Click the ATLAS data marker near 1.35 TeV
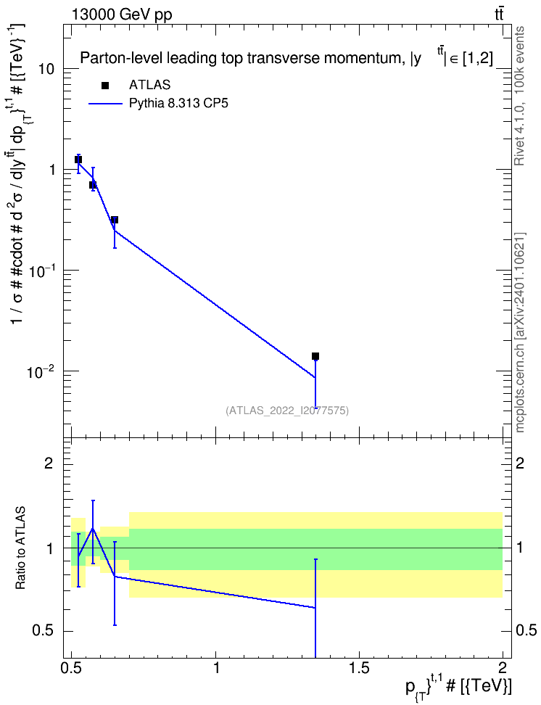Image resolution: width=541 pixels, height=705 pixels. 315,356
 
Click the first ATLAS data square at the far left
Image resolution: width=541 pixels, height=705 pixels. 78,160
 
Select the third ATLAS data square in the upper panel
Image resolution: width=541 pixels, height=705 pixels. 115,220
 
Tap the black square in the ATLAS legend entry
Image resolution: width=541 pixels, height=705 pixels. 105,85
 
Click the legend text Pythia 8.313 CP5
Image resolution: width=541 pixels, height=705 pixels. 178,104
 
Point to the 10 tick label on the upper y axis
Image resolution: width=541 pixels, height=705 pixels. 46,69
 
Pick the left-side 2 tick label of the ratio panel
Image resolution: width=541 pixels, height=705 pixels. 50,463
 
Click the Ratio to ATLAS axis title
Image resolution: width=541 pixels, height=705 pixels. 20,548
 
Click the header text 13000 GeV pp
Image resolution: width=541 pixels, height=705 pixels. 122,15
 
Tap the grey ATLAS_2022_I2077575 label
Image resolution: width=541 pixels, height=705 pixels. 287,410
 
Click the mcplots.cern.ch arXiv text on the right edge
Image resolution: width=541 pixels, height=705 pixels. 520,333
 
